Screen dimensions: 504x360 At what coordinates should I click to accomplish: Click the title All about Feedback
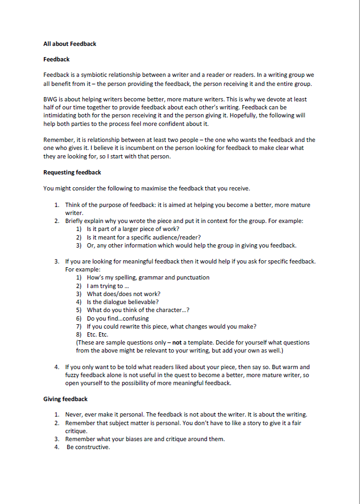pyautogui.click(x=70, y=44)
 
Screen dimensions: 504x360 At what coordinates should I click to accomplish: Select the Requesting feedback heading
pyautogui.click(x=72, y=172)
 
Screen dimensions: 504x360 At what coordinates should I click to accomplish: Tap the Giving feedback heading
pyautogui.click(x=65, y=398)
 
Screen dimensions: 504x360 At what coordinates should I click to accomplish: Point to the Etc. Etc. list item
pyautogui.click(x=97, y=334)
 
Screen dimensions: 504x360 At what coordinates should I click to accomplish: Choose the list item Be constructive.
pyautogui.click(x=88, y=447)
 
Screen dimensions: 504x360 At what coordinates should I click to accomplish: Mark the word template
pyautogui.click(x=206, y=342)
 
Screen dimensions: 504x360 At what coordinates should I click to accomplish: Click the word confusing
pyautogui.click(x=132, y=318)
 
